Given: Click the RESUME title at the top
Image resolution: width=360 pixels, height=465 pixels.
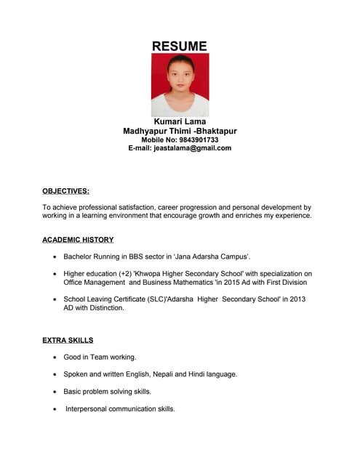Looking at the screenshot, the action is tap(180, 46).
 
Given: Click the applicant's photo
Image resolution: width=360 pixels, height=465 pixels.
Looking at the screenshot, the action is tap(180, 84).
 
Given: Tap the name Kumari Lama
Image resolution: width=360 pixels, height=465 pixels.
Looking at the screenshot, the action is tap(180, 121).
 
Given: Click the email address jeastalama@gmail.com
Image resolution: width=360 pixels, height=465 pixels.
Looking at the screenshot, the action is tap(192, 148).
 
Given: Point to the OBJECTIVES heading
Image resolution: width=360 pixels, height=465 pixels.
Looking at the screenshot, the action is tap(65, 191).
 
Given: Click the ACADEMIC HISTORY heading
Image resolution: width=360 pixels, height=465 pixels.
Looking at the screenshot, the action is tap(78, 239).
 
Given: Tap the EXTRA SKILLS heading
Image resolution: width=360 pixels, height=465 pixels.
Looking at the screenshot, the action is tap(68, 339).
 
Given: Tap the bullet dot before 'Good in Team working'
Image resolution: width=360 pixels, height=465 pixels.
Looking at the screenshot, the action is tap(55, 357).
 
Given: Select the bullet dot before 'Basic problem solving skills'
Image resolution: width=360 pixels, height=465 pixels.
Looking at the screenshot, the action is tap(55, 392).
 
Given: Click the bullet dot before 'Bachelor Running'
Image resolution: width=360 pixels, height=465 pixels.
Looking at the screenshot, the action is tap(55, 256).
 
